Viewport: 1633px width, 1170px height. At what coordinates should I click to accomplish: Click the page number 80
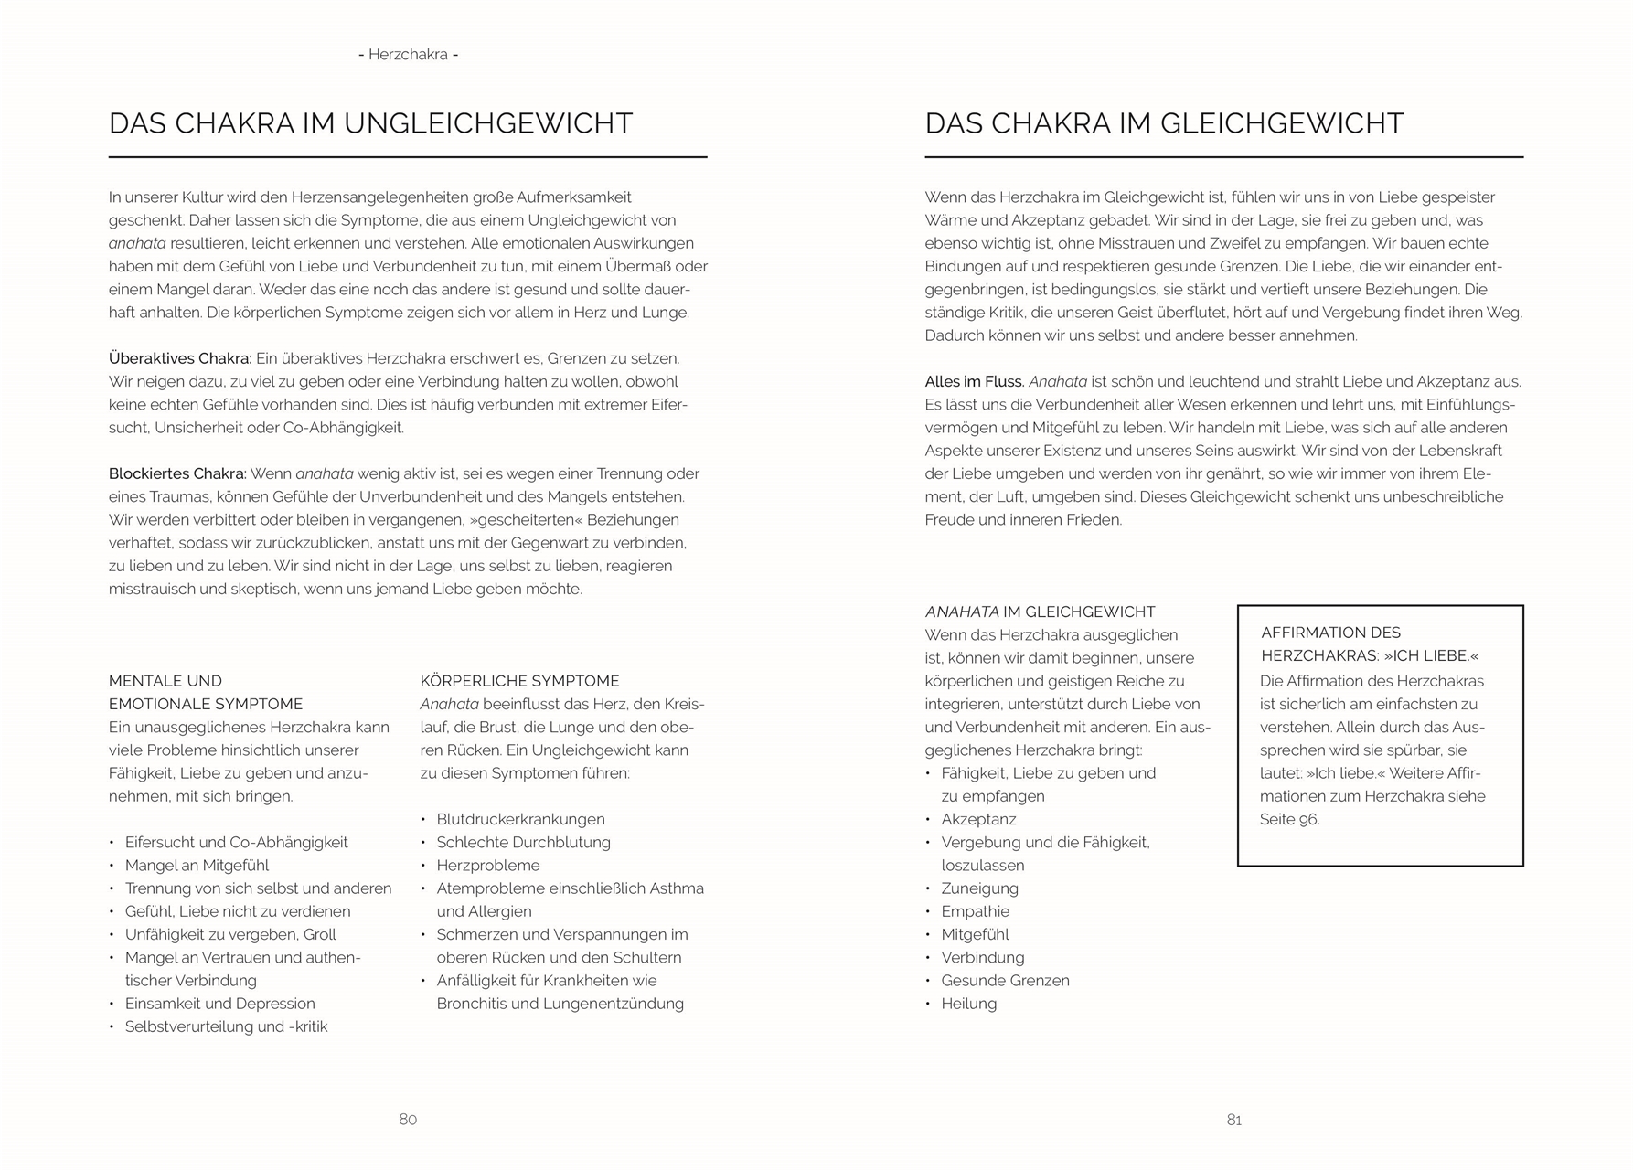coord(408,1120)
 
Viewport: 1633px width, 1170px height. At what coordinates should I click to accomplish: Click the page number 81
coord(1233,1120)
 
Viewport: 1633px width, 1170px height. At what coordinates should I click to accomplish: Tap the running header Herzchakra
coord(408,55)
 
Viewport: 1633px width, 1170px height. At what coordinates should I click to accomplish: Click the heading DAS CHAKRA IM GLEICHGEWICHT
coord(1164,123)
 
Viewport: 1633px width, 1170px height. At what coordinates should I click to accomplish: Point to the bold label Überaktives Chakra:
coord(180,358)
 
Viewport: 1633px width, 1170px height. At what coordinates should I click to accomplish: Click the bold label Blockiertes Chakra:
coord(177,473)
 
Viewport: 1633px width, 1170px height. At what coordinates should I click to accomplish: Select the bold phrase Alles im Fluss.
coord(974,381)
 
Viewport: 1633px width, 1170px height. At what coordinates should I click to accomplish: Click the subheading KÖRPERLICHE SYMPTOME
coord(519,681)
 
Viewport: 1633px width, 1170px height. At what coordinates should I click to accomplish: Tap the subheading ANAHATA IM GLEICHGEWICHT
coord(1040,612)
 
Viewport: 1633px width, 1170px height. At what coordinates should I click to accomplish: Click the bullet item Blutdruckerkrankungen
coord(520,819)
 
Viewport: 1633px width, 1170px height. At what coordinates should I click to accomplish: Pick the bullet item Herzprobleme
coord(487,865)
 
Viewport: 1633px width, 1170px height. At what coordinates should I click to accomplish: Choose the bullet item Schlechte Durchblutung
coord(523,842)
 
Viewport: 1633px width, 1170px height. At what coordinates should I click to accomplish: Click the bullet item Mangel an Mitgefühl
coord(197,865)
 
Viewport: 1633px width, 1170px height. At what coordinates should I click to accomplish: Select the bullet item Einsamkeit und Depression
coord(219,1003)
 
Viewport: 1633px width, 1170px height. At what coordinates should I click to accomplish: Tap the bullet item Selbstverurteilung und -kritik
coord(226,1026)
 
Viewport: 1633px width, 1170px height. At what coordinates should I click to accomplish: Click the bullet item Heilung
coord(968,1003)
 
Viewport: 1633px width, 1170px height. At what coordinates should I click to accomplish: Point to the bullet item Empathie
coord(975,911)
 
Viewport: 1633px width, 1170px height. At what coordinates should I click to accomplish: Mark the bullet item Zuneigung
coord(979,888)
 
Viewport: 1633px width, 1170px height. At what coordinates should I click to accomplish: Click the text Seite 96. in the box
coord(1289,819)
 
